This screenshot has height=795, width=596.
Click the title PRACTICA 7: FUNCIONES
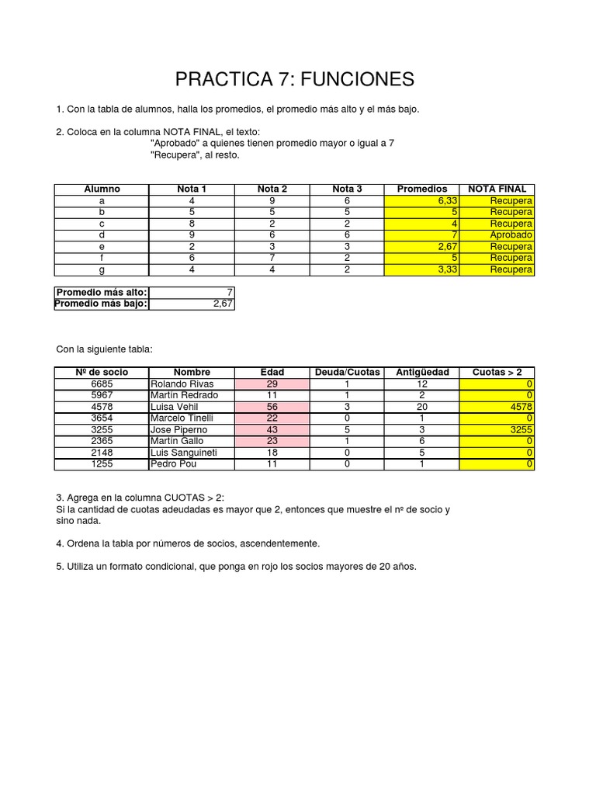[295, 78]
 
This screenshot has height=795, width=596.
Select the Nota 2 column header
[272, 189]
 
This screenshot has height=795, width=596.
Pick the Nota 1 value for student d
[192, 234]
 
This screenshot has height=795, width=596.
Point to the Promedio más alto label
[101, 292]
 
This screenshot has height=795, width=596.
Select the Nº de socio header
[102, 372]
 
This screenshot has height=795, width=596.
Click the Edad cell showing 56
[272, 407]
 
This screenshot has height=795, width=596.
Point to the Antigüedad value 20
[422, 407]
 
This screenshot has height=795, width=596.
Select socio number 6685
[102, 384]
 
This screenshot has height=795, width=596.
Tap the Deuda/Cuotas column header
[347, 372]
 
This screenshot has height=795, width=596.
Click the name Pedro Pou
[172, 464]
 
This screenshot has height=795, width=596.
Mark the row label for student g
[102, 269]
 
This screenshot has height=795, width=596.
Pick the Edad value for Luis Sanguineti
[272, 453]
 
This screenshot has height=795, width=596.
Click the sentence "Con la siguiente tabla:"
[105, 349]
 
